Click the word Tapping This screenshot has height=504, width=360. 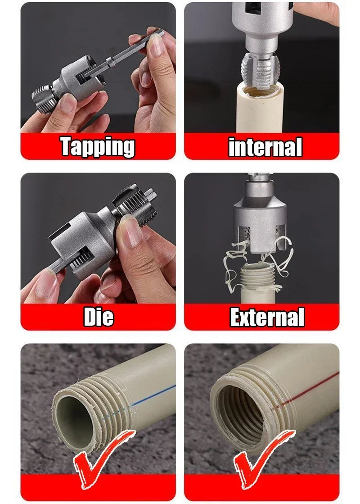tap(98, 147)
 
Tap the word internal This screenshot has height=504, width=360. tap(265, 147)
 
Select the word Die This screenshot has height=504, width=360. tap(99, 317)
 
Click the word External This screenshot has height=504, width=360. tap(267, 317)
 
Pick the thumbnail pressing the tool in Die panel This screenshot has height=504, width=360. tap(132, 232)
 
